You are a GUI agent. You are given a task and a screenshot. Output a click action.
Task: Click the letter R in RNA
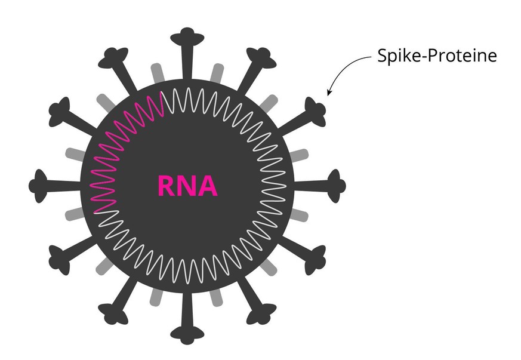[167, 186]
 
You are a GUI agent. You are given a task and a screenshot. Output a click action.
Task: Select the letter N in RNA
[187, 186]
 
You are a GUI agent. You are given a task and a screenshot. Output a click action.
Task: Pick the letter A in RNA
[207, 186]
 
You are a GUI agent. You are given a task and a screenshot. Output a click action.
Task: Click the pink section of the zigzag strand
[119, 143]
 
